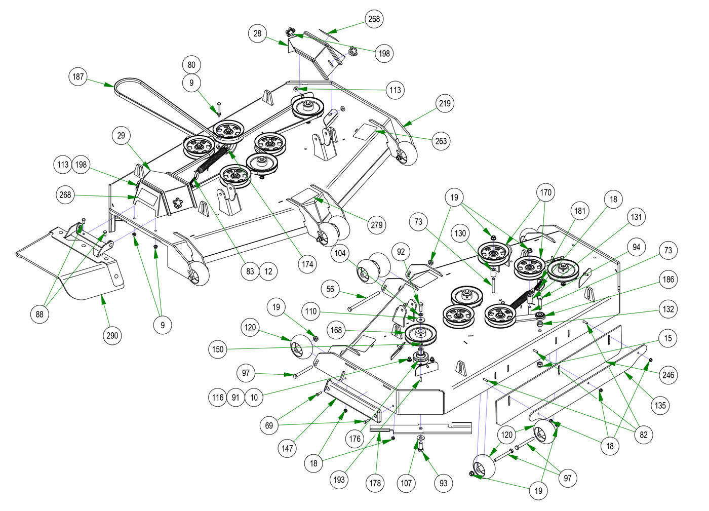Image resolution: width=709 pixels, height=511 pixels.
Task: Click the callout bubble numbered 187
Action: tap(78, 76)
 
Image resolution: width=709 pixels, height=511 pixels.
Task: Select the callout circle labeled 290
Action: tap(112, 335)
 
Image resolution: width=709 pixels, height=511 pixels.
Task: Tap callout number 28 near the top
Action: tap(257, 33)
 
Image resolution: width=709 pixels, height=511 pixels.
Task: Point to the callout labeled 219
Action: tap(445, 103)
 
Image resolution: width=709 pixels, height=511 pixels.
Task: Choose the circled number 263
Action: tap(441, 141)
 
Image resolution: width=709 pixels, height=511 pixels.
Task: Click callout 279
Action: tap(377, 224)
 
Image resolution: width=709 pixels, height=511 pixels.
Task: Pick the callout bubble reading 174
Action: tap(307, 264)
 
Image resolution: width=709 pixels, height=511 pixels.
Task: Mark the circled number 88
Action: tap(40, 314)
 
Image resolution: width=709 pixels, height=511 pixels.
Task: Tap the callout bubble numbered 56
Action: tap(330, 289)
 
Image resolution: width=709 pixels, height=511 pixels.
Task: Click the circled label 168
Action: tap(336, 330)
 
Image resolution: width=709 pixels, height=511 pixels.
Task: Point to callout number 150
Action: tap(218, 349)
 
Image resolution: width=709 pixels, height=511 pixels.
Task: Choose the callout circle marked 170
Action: tap(545, 192)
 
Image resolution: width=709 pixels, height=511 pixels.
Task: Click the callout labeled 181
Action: tap(580, 210)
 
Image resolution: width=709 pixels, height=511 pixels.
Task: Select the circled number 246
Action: tap(668, 375)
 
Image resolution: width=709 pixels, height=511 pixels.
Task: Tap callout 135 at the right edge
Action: tap(660, 405)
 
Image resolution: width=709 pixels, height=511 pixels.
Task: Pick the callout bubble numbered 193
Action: tap(339, 479)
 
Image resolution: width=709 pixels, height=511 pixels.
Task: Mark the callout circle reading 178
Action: tap(375, 483)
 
